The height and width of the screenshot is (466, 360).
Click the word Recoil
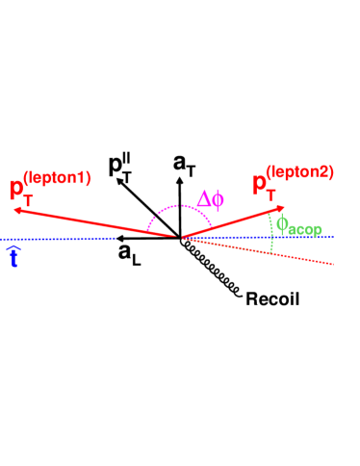tap(272, 298)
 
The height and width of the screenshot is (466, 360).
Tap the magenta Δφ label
tap(210, 200)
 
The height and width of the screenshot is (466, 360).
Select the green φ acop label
tap(298, 226)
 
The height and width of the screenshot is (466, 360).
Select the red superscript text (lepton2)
tap(300, 173)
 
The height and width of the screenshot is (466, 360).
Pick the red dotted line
tap(279, 254)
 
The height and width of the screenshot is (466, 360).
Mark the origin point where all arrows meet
tap(180, 238)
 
